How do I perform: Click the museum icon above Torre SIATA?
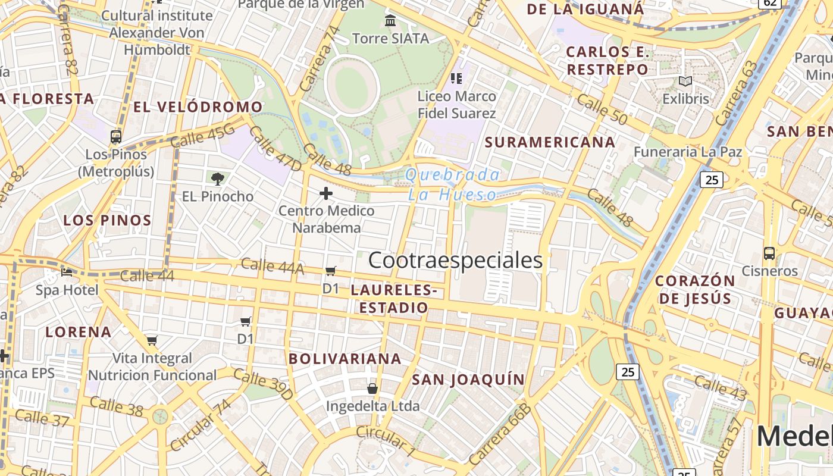(x=390, y=21)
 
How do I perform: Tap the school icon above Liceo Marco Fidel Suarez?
(x=456, y=78)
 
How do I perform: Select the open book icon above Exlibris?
(x=685, y=82)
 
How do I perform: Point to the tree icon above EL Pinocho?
(x=218, y=178)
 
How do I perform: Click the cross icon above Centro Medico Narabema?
(x=326, y=193)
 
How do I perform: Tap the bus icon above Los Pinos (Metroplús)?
(x=116, y=137)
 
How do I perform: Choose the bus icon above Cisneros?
(x=769, y=253)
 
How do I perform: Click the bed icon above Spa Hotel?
(x=67, y=273)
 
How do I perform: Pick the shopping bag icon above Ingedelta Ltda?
(x=372, y=389)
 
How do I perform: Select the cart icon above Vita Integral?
(x=152, y=341)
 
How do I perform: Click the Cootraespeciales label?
(x=455, y=261)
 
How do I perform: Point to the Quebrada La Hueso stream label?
(x=452, y=184)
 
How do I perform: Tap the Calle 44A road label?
(x=272, y=266)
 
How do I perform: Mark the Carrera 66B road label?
(x=500, y=434)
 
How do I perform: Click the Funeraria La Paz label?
(x=688, y=152)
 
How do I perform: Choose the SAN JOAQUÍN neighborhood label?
(x=469, y=380)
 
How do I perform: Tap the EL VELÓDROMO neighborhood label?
(x=198, y=107)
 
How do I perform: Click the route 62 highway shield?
(x=770, y=3)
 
